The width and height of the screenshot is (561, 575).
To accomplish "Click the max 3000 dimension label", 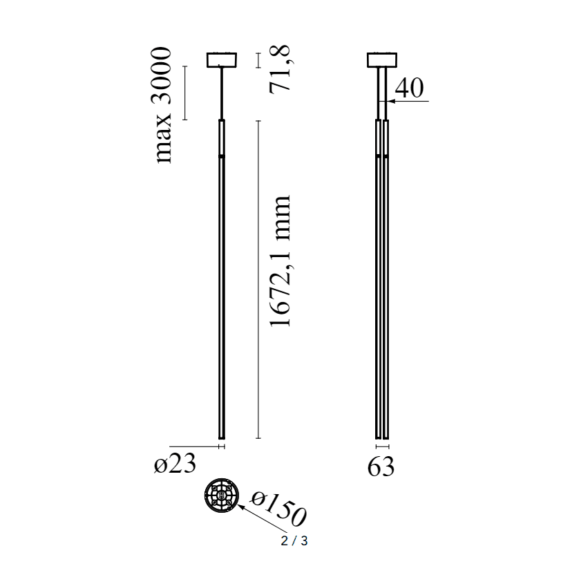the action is point(161,105).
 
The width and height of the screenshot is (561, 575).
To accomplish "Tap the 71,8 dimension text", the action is point(280,69).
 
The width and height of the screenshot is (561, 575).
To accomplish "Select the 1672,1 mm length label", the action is point(280,261).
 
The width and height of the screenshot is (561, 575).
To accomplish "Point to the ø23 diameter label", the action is point(175,464).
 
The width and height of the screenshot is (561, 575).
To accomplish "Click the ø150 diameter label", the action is point(278,508).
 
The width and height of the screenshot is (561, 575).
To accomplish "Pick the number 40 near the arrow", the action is point(409,88).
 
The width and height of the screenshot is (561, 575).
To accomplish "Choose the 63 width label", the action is point(381,466).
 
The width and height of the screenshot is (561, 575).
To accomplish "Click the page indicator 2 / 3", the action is point(294,541).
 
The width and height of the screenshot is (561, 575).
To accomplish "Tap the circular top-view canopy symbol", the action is point(222,496).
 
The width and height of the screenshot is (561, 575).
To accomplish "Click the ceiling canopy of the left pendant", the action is point(222,60).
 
